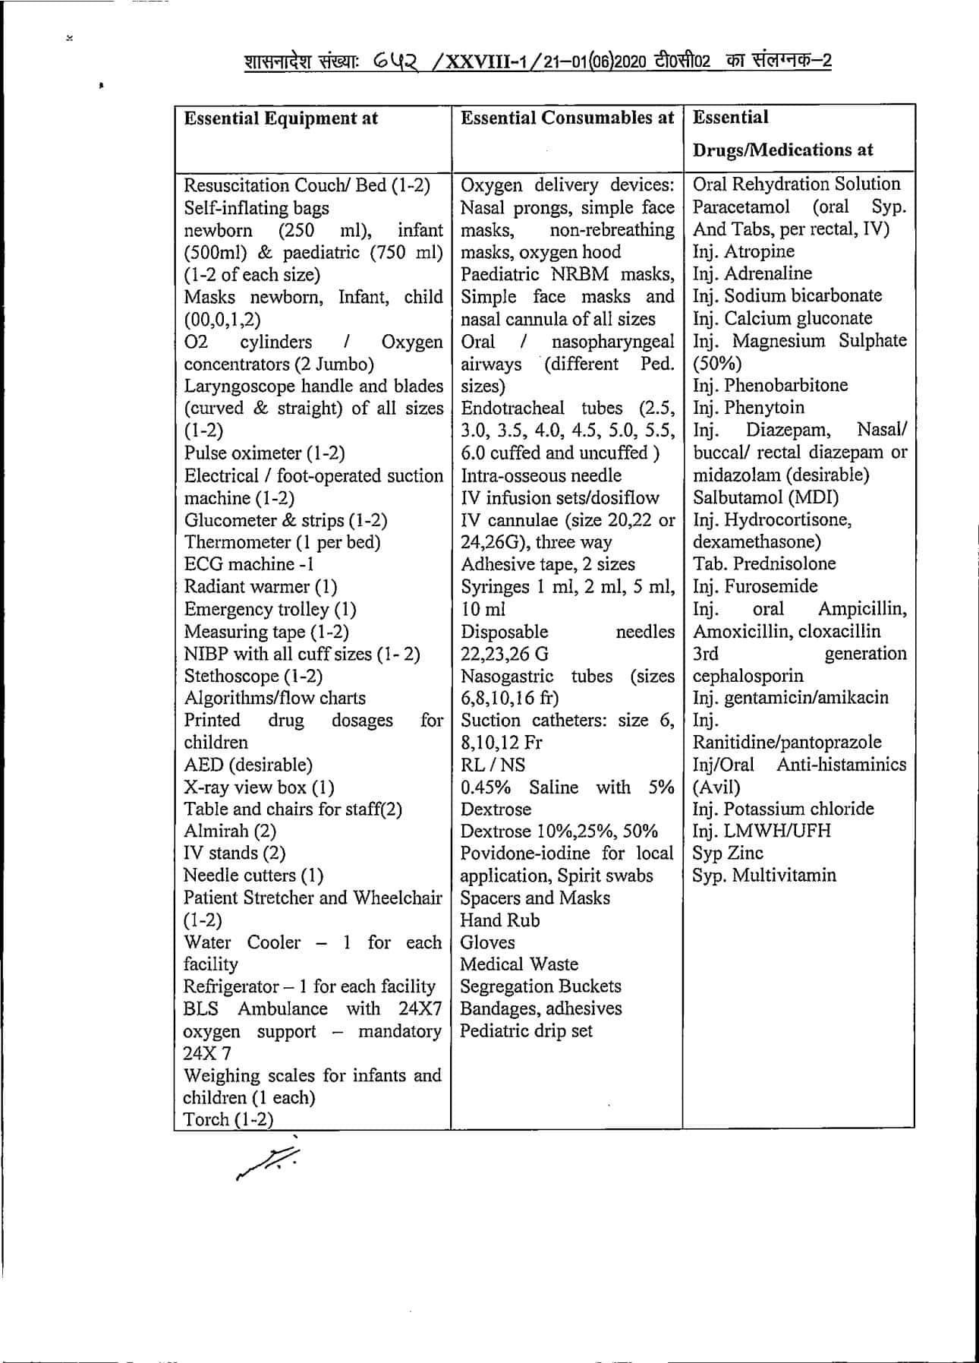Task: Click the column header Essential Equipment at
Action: pos(281,118)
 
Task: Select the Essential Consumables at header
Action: pos(567,118)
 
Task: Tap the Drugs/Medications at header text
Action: pos(782,150)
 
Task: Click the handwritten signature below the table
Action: pos(268,1161)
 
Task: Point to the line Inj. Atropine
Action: pos(743,251)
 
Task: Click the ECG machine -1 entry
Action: pos(249,564)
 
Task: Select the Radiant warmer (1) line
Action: pos(260,587)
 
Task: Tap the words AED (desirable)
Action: pos(247,765)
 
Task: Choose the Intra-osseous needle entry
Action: pos(540,475)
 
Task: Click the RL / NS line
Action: pos(493,765)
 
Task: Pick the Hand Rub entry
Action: pos(500,920)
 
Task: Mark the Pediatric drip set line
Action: pos(526,1031)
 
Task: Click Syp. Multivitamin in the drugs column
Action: pos(763,876)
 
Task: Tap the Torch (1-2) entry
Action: pos(228,1119)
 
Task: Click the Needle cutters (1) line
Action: pos(253,876)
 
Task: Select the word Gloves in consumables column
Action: pos(487,942)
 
